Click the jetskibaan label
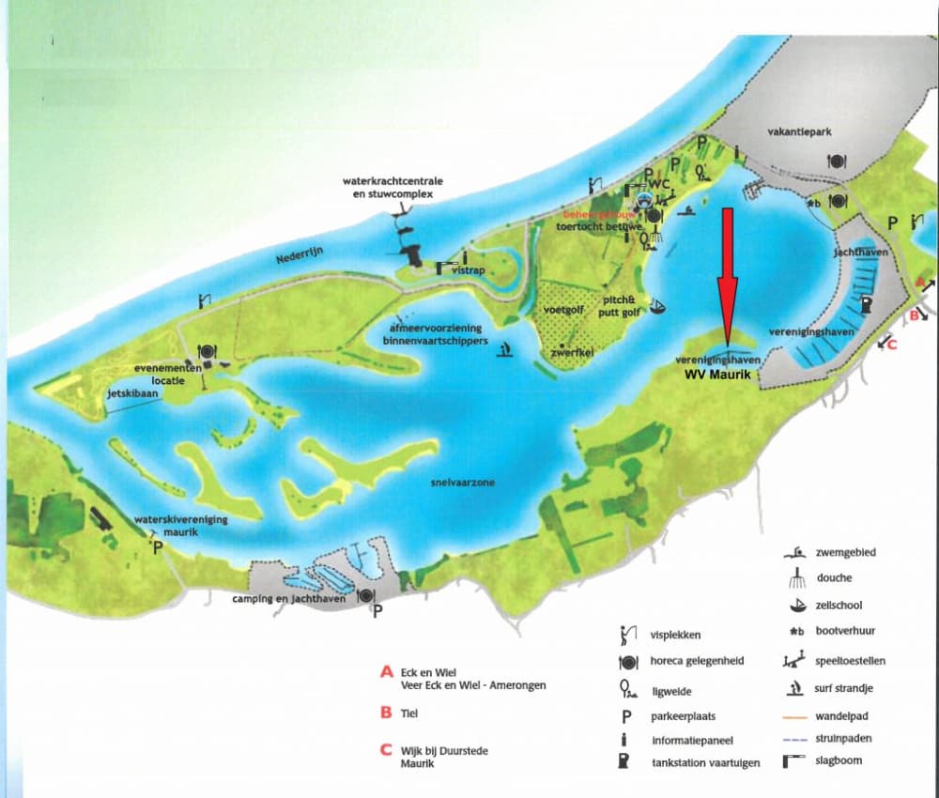[x=133, y=394]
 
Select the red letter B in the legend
[x=385, y=713]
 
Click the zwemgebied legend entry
[x=845, y=553]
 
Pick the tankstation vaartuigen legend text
[x=705, y=763]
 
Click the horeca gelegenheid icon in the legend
[x=625, y=662]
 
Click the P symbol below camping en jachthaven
[x=377, y=611]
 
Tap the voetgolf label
[x=564, y=310]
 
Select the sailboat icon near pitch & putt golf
[x=660, y=307]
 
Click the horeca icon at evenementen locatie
[x=205, y=353]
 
